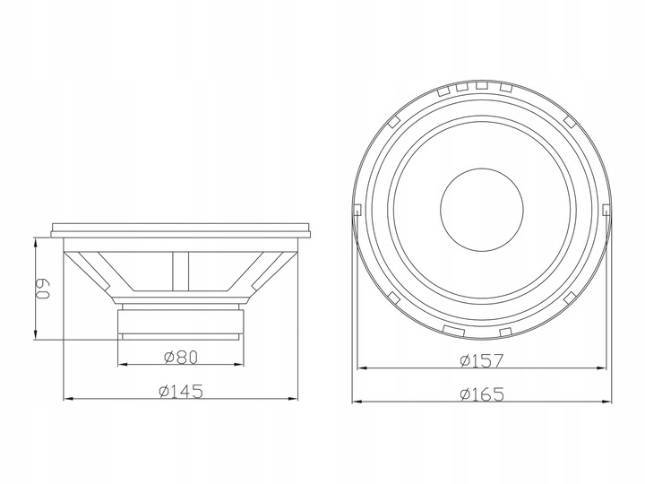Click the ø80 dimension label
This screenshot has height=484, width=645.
[x=181, y=357]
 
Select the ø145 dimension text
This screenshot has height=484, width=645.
[x=181, y=391]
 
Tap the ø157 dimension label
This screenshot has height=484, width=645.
[x=481, y=360]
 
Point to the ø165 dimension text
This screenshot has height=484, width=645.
[x=481, y=394]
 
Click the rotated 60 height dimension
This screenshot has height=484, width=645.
[x=42, y=289]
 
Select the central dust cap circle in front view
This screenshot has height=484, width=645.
[x=482, y=210]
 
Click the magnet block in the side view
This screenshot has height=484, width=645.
[x=181, y=321]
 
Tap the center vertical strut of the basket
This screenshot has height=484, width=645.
[x=181, y=272]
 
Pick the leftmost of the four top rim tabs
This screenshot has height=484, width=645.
[x=443, y=91]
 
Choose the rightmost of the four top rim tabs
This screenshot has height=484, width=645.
[x=505, y=87]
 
